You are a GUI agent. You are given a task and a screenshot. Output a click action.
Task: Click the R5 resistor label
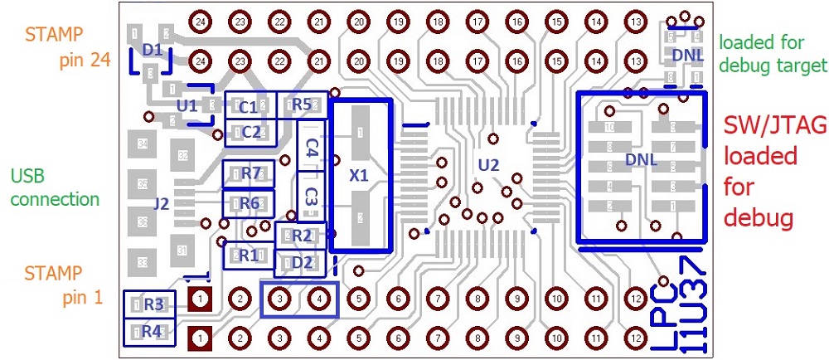(x=301, y=105)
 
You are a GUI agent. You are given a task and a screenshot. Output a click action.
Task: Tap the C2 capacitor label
(x=251, y=131)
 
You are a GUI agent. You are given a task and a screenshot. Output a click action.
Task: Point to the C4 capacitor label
(x=311, y=148)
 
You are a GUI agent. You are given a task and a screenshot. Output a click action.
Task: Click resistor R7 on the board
(x=251, y=173)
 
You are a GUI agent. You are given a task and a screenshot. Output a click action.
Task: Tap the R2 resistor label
(x=302, y=236)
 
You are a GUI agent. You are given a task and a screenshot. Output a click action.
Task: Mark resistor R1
(x=248, y=255)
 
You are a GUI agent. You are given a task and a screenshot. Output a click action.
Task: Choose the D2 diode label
(x=303, y=263)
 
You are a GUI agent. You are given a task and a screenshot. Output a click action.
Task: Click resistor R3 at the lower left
(x=153, y=304)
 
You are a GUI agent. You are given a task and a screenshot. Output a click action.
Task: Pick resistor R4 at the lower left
(x=151, y=331)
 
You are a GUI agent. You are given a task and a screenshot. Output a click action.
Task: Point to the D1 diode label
(x=152, y=51)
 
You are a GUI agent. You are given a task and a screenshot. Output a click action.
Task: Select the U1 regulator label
(x=187, y=105)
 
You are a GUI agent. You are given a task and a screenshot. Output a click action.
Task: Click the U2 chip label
(x=489, y=165)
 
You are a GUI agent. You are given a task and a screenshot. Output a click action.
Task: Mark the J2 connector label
(x=161, y=203)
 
